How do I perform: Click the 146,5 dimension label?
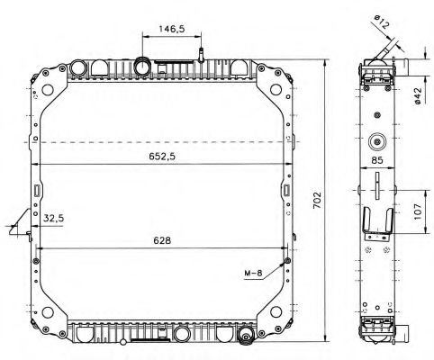172,29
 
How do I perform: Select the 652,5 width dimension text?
162,157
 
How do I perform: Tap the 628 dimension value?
162,240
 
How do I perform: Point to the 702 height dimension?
317,201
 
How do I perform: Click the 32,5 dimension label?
54,218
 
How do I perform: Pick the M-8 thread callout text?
253,273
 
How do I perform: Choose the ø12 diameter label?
382,22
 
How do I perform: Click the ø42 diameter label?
418,96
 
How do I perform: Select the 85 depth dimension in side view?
377,160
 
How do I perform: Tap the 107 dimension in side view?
418,211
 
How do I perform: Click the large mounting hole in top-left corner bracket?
48,89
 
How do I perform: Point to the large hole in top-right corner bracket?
276,89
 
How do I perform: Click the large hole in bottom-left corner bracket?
48,312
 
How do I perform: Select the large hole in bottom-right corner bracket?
276,312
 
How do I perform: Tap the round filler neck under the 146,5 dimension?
142,67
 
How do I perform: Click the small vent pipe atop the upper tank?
201,55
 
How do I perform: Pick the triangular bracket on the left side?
21,222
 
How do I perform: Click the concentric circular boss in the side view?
377,141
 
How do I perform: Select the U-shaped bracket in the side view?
377,220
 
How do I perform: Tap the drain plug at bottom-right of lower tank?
246,335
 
